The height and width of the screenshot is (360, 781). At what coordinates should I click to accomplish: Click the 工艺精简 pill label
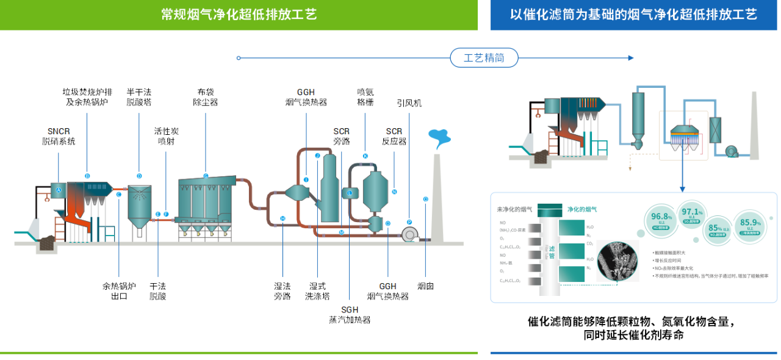pos(484,58)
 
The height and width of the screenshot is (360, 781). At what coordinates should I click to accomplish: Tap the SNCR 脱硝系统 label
pos(59,136)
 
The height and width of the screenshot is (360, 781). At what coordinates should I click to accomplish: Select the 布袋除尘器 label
pos(205,97)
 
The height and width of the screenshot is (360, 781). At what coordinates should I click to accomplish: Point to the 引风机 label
pos(409,103)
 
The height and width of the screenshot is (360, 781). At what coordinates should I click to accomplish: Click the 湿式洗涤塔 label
pos(317,291)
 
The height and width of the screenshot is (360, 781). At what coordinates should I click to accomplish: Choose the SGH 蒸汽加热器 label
pos(350,314)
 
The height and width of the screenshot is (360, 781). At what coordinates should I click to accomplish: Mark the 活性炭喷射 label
pos(166,136)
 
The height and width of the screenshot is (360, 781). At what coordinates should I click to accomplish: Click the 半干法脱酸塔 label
pos(139,97)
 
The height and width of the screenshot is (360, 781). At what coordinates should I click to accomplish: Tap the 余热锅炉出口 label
pos(119,291)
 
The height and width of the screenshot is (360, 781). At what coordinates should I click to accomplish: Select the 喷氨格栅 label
pos(365,97)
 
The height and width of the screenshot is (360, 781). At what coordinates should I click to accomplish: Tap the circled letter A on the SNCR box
pos(59,190)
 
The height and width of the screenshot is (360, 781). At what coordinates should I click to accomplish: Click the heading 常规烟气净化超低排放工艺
pos(239,15)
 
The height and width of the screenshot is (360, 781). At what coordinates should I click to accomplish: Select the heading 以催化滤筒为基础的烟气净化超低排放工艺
pos(633,15)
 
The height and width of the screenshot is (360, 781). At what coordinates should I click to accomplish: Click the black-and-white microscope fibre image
pos(617,259)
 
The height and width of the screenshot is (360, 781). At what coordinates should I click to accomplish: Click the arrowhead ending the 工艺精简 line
pos(631,58)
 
